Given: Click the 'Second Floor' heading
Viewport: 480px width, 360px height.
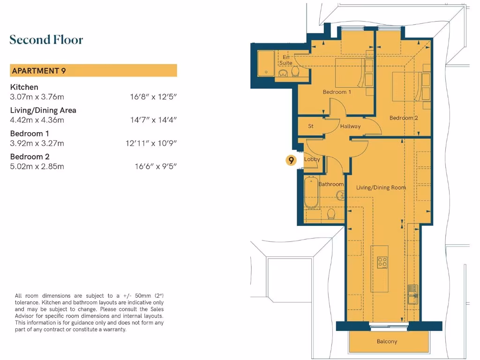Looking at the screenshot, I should point(46,40).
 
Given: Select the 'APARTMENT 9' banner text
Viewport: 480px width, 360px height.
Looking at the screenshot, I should point(38,71).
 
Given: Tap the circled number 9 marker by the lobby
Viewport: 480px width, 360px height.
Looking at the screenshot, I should point(292,160).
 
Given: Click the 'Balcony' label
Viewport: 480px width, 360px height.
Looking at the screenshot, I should point(387,341).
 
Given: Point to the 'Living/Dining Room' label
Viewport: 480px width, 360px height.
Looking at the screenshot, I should point(381,187).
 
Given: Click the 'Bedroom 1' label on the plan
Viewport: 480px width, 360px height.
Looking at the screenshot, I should point(337,92).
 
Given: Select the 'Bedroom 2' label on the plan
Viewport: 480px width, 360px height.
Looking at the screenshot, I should point(404,118).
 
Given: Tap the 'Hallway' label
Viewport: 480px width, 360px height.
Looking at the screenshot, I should point(350,126).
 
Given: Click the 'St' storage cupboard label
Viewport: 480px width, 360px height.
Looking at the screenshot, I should point(311,126).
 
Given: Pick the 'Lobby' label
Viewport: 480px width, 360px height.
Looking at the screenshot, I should point(312,159).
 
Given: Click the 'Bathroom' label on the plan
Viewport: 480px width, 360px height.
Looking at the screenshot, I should point(331,184).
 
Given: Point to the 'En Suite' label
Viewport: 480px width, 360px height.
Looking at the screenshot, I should point(286,60).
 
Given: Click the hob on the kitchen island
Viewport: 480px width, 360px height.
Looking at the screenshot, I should point(382,262).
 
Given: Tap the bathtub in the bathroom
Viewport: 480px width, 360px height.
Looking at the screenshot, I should point(311,193).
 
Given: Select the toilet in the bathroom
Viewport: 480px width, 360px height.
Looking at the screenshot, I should point(331,214).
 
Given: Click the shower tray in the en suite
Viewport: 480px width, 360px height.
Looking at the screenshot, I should point(267,63).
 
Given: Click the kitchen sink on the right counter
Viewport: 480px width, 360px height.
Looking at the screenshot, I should point(412,294).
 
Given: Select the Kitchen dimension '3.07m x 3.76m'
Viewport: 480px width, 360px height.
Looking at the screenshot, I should point(37,97).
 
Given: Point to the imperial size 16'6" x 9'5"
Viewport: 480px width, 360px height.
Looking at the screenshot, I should point(155,166).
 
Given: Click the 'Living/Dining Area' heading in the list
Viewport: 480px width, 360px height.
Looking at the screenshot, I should point(43,110).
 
